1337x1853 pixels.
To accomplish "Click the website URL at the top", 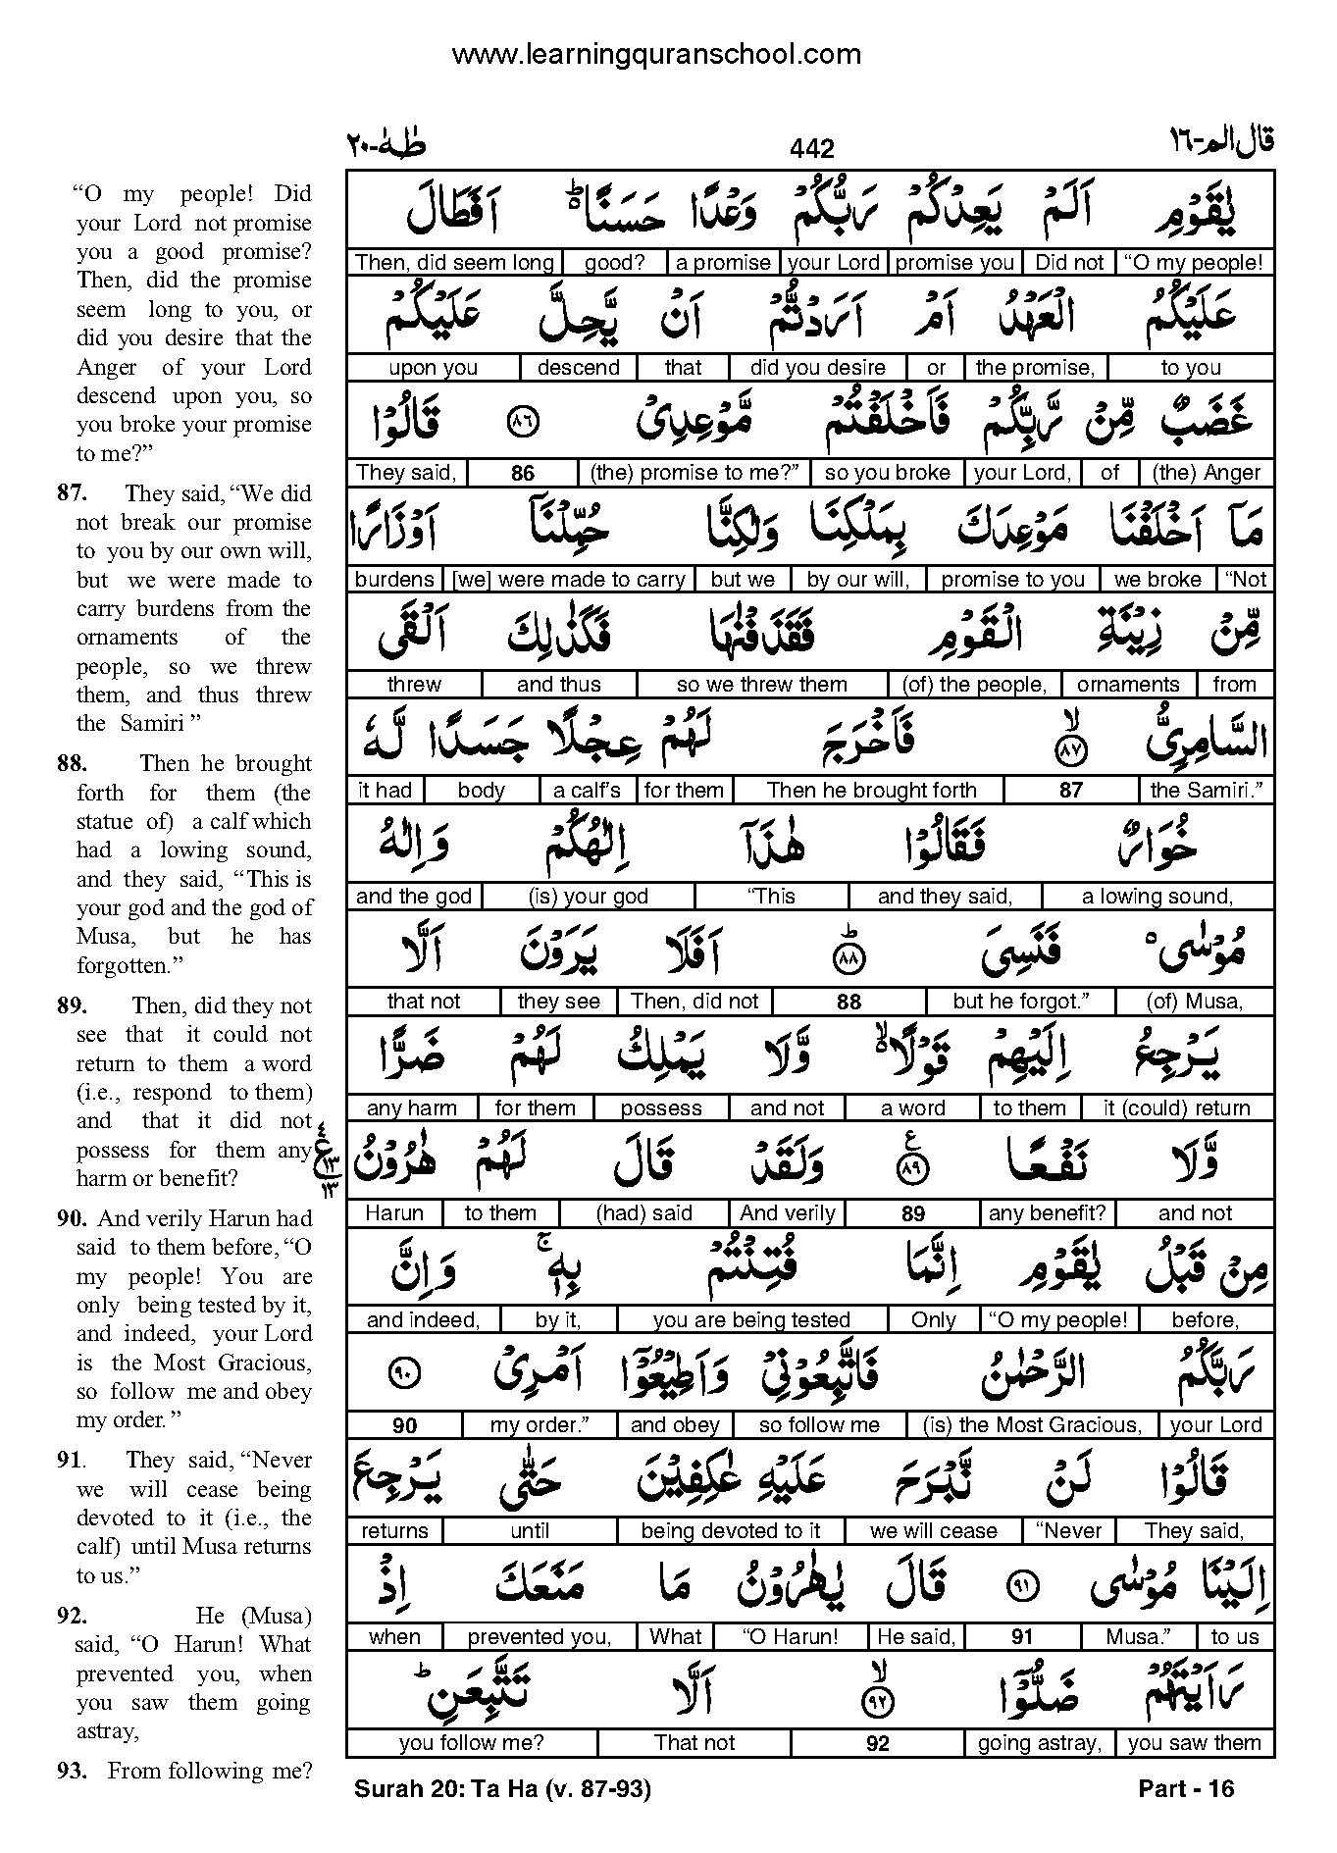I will (655, 54).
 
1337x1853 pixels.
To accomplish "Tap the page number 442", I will (811, 149).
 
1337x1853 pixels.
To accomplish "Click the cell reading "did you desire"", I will (817, 368).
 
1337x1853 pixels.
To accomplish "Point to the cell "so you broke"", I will (888, 473).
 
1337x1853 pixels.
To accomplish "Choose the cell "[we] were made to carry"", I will (569, 580).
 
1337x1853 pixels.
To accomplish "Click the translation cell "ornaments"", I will (1127, 685).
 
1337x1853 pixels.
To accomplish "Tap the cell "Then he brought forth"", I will (871, 791).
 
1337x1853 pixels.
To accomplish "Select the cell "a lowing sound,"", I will (1157, 897).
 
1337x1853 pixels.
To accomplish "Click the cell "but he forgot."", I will (1020, 1002).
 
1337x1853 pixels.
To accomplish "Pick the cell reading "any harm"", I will (411, 1108).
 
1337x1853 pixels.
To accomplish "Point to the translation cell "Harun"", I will (394, 1213).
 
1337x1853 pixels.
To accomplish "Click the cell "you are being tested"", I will (751, 1320).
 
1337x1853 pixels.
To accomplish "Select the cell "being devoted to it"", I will (731, 1531).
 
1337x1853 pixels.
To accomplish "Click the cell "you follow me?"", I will (471, 1743).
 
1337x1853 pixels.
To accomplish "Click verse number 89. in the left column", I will (74, 1005).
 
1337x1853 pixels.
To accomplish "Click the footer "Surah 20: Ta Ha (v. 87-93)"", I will (502, 1789).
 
